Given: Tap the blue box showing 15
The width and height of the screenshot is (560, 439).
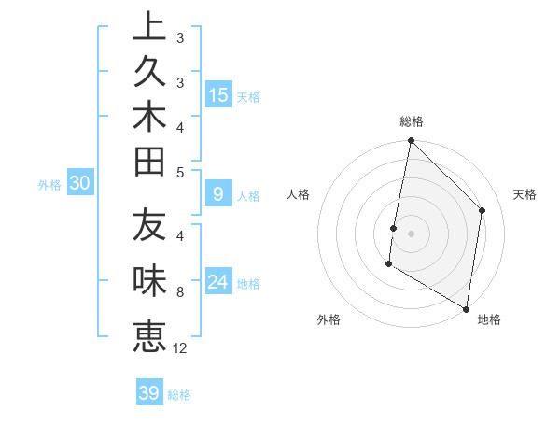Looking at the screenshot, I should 218,94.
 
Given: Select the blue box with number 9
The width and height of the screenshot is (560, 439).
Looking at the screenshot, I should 218,194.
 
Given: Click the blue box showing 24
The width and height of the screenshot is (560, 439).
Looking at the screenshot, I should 218,282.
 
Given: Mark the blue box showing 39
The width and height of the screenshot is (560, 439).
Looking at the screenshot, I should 148,393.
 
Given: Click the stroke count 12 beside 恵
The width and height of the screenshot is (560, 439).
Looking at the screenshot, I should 180,348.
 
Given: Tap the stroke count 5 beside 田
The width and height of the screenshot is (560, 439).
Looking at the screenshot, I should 180,172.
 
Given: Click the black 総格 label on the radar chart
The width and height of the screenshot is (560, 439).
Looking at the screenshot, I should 412,121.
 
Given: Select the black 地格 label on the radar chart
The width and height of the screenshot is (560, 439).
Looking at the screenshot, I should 489,319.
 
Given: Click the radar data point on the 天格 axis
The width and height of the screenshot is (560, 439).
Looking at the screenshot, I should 483,211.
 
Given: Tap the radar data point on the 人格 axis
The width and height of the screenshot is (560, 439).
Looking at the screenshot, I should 394,228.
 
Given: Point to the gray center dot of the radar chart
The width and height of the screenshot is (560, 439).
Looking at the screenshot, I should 411,234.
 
